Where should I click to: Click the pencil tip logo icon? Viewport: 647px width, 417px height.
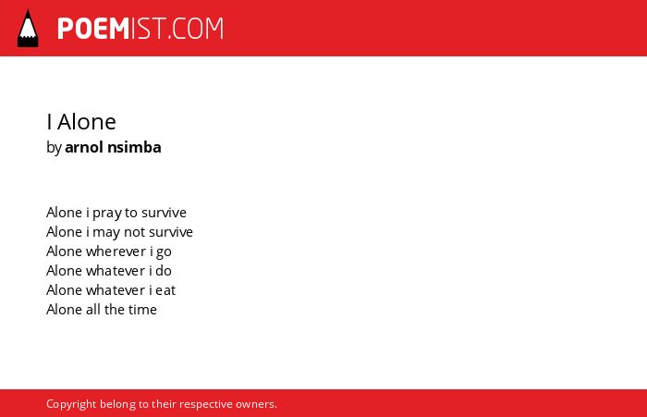tap(28, 29)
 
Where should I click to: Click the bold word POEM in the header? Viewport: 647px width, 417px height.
tap(93, 29)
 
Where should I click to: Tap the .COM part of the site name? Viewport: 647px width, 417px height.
tap(196, 29)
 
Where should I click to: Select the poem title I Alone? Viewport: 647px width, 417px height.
tap(81, 122)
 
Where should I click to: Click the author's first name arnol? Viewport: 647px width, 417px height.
tap(84, 147)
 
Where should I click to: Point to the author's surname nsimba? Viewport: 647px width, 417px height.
tap(134, 147)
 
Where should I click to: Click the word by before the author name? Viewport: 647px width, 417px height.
tap(54, 148)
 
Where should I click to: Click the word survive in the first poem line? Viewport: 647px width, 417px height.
tap(164, 213)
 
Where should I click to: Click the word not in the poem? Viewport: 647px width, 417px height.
tap(135, 232)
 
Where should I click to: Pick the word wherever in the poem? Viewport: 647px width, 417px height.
tap(116, 251)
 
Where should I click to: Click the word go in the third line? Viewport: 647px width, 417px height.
tap(164, 252)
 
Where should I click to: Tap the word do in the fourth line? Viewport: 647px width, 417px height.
tap(164, 271)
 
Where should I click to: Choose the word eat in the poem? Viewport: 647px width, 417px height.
tap(165, 290)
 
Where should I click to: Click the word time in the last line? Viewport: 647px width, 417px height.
tap(142, 310)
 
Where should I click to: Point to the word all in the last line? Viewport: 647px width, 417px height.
tap(93, 310)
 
